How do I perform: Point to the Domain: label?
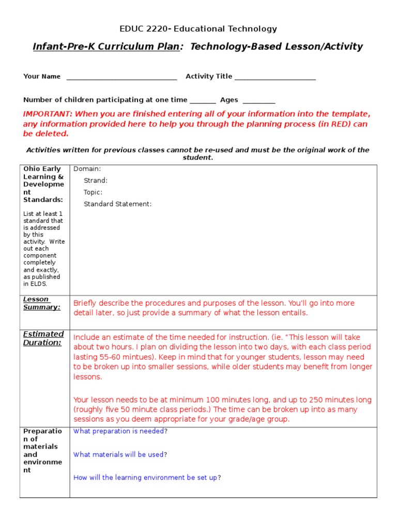click(x=87, y=169)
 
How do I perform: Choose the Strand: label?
click(x=96, y=181)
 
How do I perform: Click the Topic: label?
click(x=93, y=192)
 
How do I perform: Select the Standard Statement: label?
click(x=118, y=204)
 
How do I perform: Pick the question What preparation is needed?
click(x=120, y=431)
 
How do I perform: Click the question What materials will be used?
click(x=120, y=455)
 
